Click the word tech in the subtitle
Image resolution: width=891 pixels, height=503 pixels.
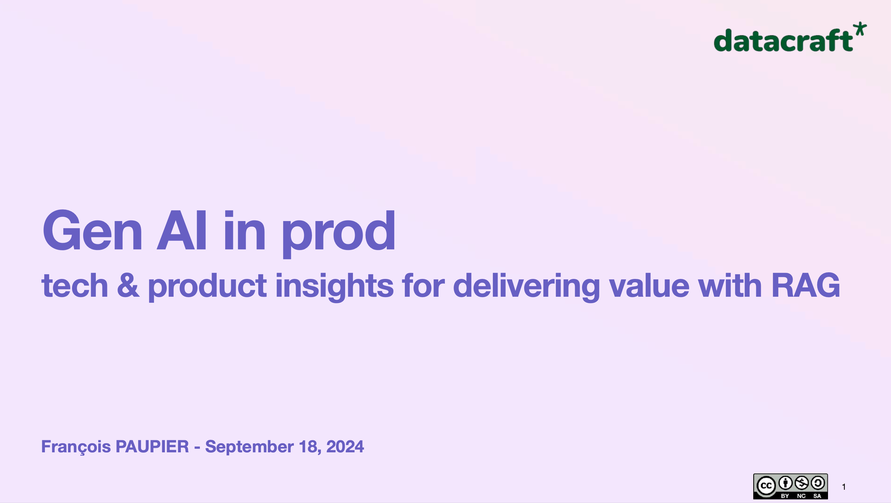(x=75, y=286)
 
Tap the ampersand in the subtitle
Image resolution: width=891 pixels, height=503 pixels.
(x=128, y=286)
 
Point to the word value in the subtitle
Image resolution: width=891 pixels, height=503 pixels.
(x=649, y=286)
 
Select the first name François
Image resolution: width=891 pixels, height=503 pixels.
(x=76, y=447)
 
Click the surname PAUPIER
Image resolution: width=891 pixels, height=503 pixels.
(x=152, y=447)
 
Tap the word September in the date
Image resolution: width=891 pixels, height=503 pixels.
(x=249, y=447)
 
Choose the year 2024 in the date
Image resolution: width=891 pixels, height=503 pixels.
(x=345, y=447)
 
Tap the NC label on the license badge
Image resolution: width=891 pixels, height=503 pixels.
(x=801, y=496)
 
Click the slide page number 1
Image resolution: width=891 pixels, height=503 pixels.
(x=844, y=487)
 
